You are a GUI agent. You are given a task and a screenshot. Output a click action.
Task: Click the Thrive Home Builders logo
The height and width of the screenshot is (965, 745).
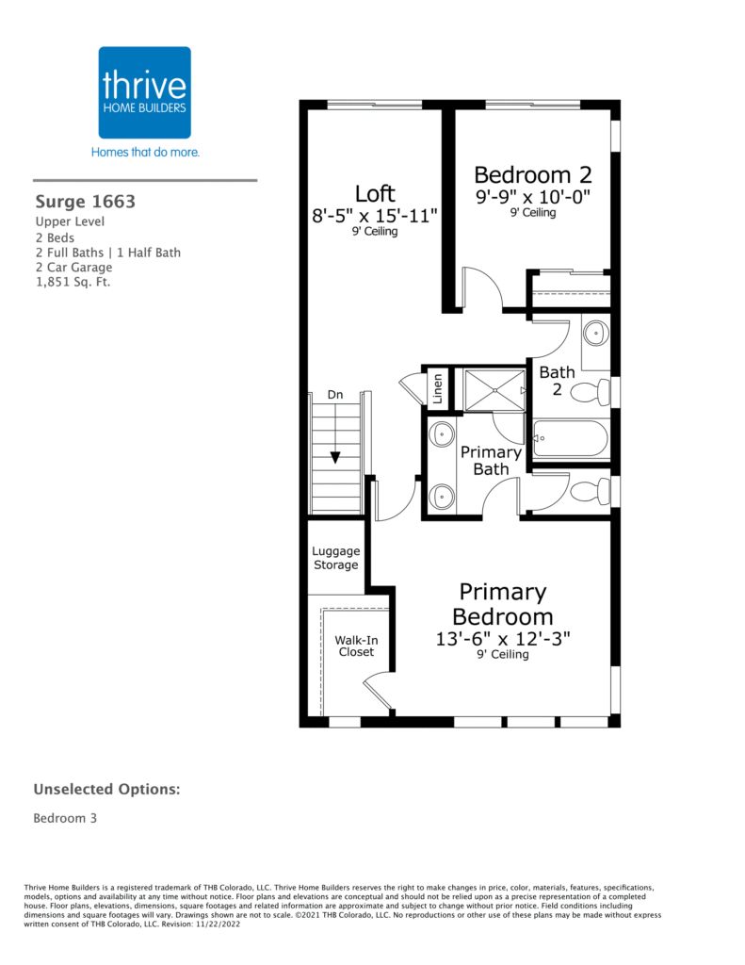tap(144, 92)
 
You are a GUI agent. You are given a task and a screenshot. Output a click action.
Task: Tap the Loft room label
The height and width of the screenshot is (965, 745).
tap(375, 194)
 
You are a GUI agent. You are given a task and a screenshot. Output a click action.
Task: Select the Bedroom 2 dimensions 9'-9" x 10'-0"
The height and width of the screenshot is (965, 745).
tap(533, 197)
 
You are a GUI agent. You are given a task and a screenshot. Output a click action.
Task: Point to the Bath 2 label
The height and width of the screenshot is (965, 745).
tap(557, 381)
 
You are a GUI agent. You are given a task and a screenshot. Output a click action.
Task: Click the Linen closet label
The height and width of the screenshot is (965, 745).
tap(437, 388)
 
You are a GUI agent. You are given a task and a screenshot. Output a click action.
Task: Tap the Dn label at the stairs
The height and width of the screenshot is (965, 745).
tap(334, 395)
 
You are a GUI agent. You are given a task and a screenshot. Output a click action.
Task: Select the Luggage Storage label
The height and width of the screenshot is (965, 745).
tap(336, 558)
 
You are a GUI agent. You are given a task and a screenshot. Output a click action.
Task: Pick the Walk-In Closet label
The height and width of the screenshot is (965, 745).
tap(356, 646)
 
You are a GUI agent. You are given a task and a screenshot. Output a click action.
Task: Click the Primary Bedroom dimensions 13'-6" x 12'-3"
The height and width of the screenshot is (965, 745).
tap(503, 638)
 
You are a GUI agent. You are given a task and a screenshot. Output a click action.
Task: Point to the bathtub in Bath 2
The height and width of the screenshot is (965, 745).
tap(570, 438)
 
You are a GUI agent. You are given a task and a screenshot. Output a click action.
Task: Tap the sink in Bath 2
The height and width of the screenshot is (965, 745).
tap(595, 334)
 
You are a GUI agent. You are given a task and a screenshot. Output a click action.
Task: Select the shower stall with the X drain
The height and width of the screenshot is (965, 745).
tap(494, 390)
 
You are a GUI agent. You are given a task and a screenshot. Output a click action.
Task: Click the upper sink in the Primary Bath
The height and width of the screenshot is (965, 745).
tap(442, 434)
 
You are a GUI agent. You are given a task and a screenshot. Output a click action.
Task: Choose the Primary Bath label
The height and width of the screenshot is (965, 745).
tap(491, 460)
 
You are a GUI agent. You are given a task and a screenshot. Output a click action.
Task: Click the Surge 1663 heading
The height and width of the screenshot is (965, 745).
tap(86, 202)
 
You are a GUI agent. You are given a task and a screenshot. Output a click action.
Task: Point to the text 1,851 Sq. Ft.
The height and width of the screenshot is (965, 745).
tap(73, 283)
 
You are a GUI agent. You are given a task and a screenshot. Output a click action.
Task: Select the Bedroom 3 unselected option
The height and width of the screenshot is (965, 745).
tap(65, 818)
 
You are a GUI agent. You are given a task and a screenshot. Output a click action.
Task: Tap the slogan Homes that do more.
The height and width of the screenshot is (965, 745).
tap(145, 152)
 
